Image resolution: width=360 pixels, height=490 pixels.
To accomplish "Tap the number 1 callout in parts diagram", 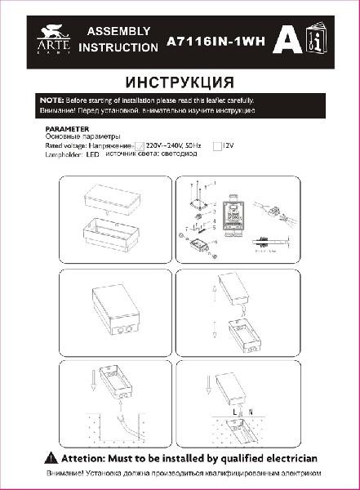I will click(x=214, y=183).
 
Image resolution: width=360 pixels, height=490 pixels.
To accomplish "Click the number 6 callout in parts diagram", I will click(x=214, y=243).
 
